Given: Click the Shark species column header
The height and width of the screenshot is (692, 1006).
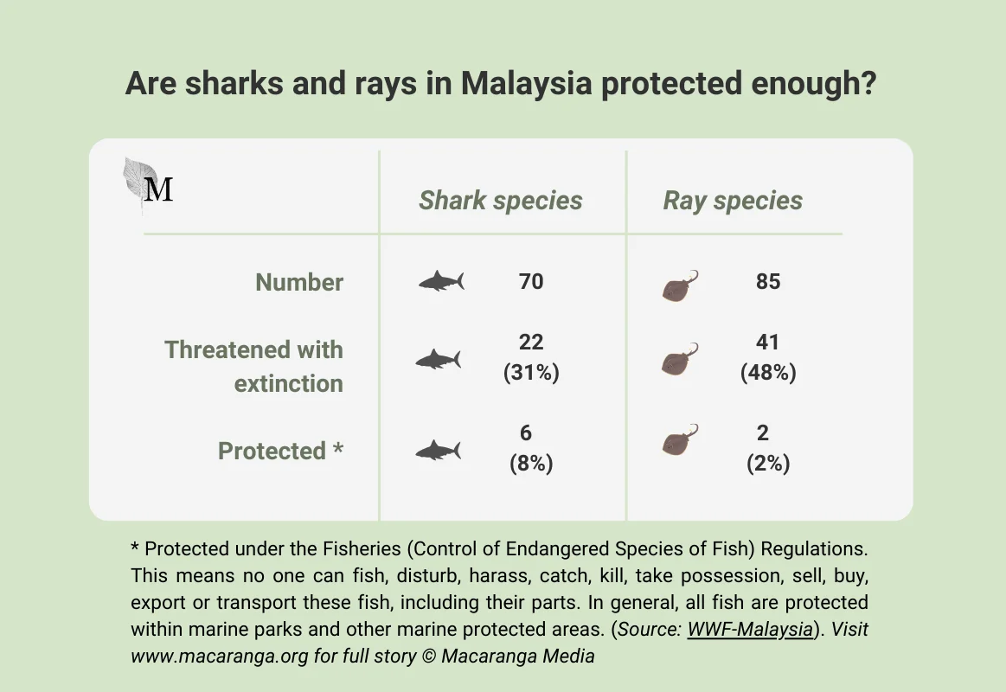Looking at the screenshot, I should (500, 201).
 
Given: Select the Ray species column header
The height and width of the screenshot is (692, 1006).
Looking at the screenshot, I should (733, 201).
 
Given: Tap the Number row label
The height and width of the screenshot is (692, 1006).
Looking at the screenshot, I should (299, 282).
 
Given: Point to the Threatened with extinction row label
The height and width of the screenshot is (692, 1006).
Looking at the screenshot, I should (254, 367).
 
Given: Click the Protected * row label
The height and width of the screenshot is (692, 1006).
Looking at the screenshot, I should (280, 451).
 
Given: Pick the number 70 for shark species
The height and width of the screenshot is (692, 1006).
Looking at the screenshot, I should (531, 281).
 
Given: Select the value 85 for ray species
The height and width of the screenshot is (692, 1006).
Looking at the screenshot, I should (767, 281).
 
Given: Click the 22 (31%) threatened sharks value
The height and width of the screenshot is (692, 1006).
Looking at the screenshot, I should (531, 357).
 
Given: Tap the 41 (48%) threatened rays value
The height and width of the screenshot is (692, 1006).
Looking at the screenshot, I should (767, 357).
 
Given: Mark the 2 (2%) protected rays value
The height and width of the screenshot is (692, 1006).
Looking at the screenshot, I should (766, 448).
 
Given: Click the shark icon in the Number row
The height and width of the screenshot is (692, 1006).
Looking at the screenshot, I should (441, 281).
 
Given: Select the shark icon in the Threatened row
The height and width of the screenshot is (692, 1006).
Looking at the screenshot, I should (439, 359).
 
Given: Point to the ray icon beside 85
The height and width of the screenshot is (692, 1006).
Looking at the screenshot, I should (680, 285).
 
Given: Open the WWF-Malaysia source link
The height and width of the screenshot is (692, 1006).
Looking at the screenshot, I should (750, 629).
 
